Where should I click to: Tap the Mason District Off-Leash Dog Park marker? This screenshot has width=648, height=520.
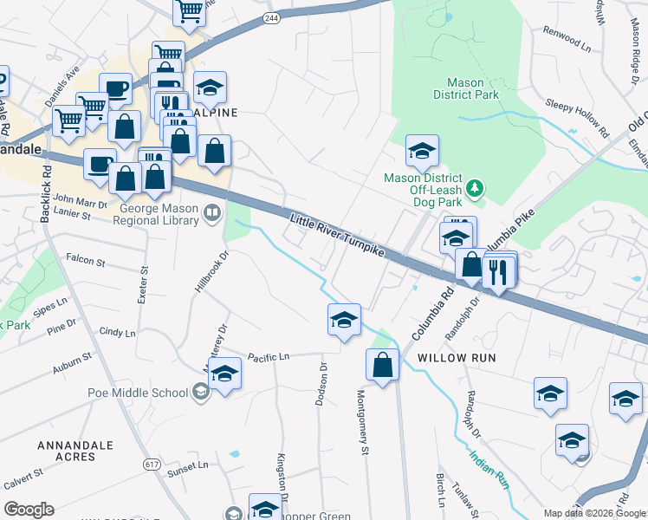(x=474, y=187)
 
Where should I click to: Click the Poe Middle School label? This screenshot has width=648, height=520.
(x=138, y=393)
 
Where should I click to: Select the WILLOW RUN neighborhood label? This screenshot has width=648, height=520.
(x=455, y=358)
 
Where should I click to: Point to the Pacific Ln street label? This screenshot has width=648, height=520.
(x=268, y=356)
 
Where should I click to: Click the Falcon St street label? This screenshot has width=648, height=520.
(x=85, y=260)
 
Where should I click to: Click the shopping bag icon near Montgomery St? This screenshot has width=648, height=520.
(x=382, y=366)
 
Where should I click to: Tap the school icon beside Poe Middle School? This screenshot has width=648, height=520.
(x=225, y=375)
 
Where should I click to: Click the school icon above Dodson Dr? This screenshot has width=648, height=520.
(x=344, y=321)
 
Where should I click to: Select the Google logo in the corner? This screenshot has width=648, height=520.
(x=29, y=510)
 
